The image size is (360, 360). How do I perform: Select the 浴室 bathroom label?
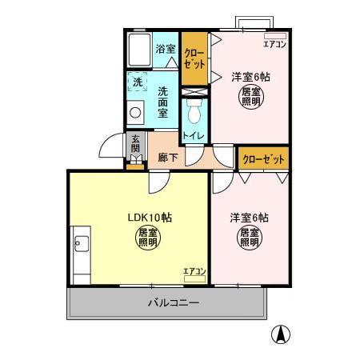pyautogui.click(x=166, y=49)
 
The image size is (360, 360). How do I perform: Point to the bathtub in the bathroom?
pyautogui.click(x=139, y=50)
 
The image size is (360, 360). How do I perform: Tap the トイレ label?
pyautogui.click(x=193, y=136)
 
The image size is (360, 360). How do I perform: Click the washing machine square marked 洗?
pyautogui.click(x=137, y=82)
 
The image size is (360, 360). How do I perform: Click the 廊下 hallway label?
pyautogui.click(x=168, y=158)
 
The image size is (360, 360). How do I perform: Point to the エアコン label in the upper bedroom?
pyautogui.click(x=274, y=45)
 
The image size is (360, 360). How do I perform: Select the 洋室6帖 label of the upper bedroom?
pyautogui.click(x=250, y=77)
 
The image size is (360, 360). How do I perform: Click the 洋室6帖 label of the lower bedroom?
pyautogui.click(x=249, y=218)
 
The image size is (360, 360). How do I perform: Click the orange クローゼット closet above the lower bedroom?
pyautogui.click(x=264, y=159)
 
